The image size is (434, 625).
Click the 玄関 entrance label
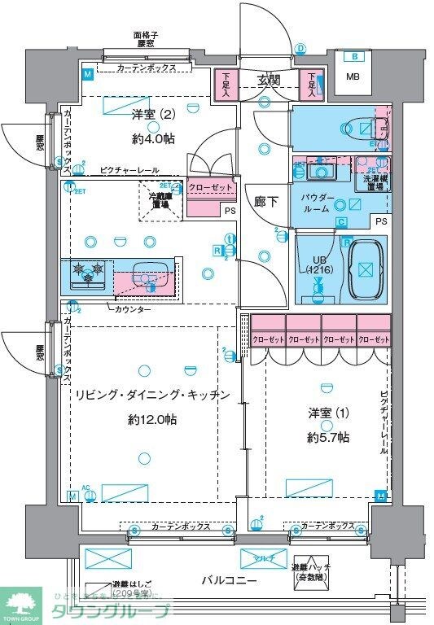coord(269,80)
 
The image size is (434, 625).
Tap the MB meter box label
coord(353,77)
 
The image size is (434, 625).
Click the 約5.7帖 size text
coord(328,437)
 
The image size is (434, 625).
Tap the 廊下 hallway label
coord(265,201)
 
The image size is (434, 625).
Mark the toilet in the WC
coord(359,128)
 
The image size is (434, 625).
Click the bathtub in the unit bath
coord(366,269)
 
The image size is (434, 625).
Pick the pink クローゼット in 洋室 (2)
coord(210,188)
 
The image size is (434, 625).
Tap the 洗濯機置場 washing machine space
coord(377,182)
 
